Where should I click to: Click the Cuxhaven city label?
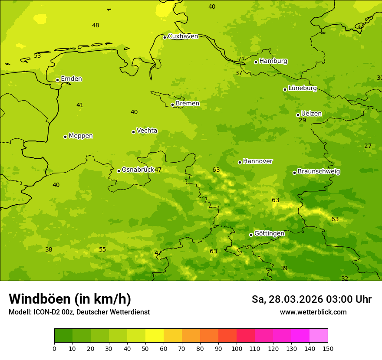point(183,36)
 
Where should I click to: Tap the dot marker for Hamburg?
point(256,62)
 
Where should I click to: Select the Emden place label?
point(71,79)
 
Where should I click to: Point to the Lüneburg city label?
point(302,88)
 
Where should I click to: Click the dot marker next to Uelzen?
point(298,115)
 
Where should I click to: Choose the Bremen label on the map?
point(187,104)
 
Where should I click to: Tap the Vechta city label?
point(147,131)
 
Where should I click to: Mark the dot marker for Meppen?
point(65,137)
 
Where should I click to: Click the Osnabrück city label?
point(138,170)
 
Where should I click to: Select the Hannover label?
point(257,161)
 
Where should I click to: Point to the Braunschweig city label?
point(319,172)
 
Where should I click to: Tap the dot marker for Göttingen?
point(251,235)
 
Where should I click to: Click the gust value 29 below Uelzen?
point(302,121)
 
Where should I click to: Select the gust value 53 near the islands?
point(37,56)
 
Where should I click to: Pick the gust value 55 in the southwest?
point(102,250)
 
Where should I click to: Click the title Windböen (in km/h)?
point(70,299)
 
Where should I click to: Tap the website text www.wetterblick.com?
point(313,312)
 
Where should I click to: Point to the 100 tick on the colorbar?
point(237,348)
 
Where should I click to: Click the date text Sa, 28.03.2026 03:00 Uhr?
point(311,299)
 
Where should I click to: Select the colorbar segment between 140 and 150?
point(319,336)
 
